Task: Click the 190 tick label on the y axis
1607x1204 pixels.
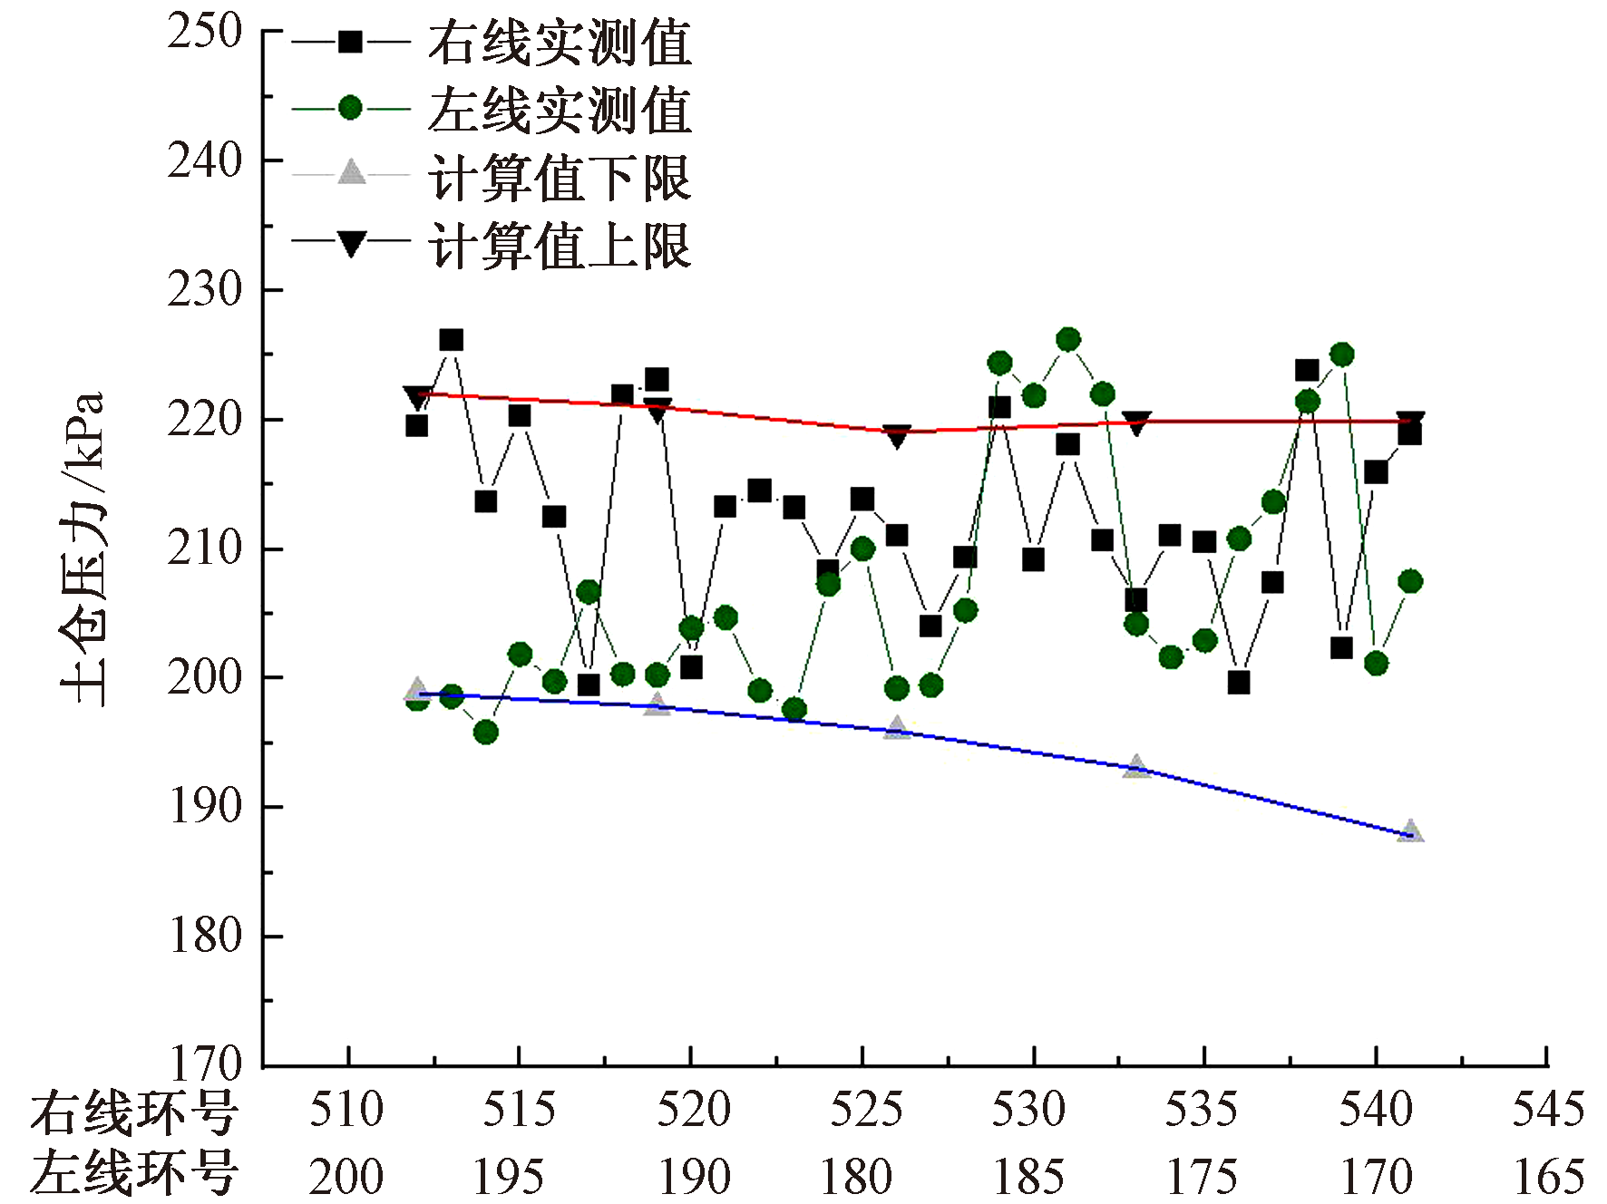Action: click(x=205, y=806)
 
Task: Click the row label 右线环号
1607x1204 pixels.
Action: click(x=134, y=1112)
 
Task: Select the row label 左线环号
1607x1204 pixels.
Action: click(x=134, y=1175)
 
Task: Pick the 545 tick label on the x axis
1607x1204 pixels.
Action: click(x=1548, y=1110)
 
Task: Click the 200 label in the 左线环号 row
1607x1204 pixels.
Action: click(x=346, y=1177)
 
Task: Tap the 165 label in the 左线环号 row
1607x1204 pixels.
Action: click(x=1548, y=1177)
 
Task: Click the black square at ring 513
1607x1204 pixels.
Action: click(x=451, y=340)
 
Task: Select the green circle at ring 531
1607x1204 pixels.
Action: click(x=1068, y=340)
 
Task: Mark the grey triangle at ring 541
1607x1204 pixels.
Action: click(x=1410, y=831)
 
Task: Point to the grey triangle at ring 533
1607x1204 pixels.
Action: click(x=1136, y=767)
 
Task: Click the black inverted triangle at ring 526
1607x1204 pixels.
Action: click(x=896, y=436)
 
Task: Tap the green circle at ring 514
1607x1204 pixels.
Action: click(x=485, y=732)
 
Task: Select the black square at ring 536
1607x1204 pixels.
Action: click(x=1239, y=683)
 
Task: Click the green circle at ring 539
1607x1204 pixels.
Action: click(x=1342, y=354)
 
